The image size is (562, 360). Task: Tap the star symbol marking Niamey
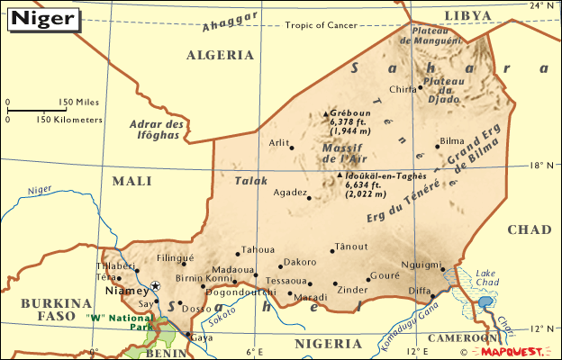[x=155, y=286]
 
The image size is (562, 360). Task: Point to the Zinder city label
[x=351, y=289]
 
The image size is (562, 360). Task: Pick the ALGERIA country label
[x=220, y=55]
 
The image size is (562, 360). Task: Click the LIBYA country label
[x=468, y=15]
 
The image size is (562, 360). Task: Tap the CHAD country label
[x=529, y=229]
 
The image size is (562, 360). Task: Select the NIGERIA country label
[x=327, y=343]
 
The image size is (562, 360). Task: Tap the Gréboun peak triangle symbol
[x=326, y=114]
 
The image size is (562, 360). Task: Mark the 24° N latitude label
[x=543, y=6]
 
